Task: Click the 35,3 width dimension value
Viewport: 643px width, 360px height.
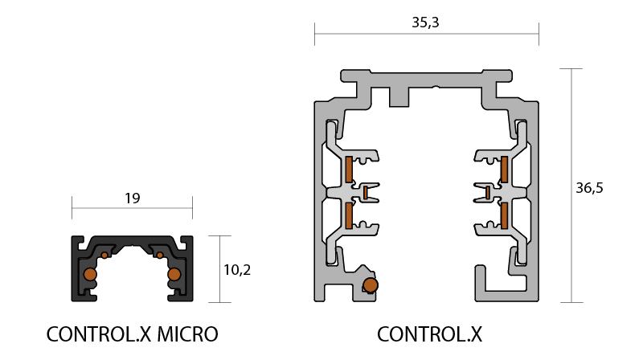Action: coord(425,22)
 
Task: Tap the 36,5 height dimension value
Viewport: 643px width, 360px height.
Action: coord(589,188)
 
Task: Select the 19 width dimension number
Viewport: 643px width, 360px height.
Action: coord(133,198)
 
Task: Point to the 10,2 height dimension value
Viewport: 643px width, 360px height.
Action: coord(237,270)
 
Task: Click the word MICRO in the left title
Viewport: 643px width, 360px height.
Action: coord(187,334)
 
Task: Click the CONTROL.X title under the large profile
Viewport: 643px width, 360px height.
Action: coord(429,334)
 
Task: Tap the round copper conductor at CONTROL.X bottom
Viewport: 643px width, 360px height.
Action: coord(371,285)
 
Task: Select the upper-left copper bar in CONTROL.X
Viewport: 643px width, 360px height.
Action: coord(349,170)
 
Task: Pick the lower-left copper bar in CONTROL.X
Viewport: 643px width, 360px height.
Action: coord(349,215)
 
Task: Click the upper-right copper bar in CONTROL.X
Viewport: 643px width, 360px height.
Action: coord(504,170)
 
